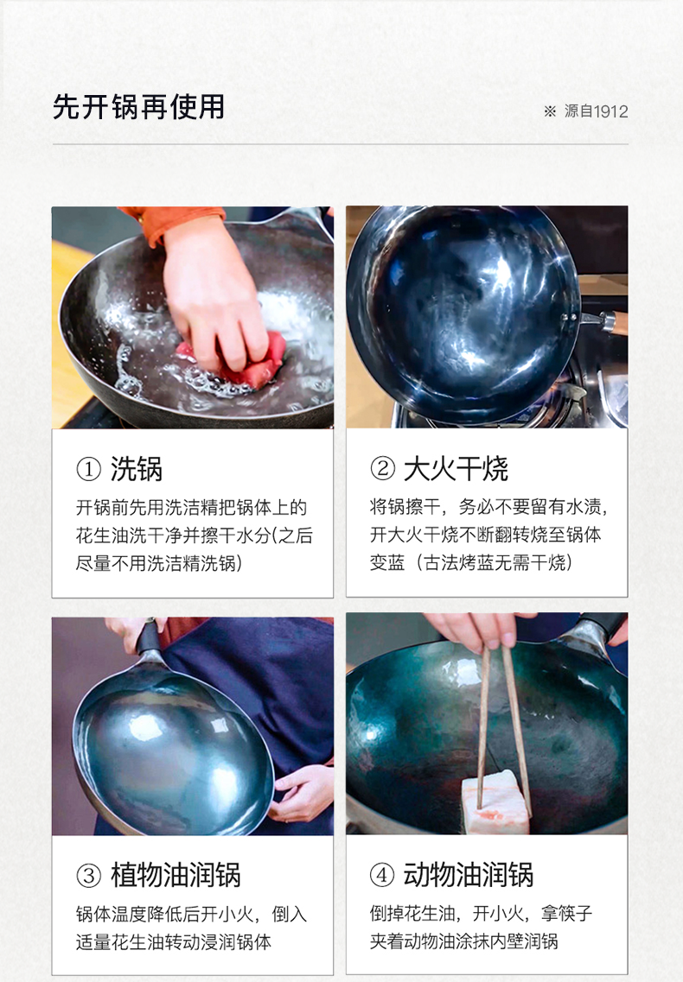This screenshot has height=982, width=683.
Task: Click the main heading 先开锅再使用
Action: pyautogui.click(x=138, y=106)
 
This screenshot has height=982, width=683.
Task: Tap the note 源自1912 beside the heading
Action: pyautogui.click(x=596, y=111)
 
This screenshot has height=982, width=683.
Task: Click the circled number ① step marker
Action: pyautogui.click(x=88, y=469)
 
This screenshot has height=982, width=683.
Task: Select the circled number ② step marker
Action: pyautogui.click(x=382, y=468)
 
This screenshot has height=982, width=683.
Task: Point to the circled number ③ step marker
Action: pyautogui.click(x=88, y=875)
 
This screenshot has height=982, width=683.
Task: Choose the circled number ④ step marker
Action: pyautogui.click(x=382, y=875)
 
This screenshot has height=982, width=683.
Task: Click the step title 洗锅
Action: pyautogui.click(x=136, y=469)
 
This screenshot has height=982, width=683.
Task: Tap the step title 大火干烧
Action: pyautogui.click(x=456, y=468)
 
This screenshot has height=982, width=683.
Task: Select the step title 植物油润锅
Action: pyautogui.click(x=176, y=875)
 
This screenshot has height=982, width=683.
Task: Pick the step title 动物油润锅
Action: pyautogui.click(x=469, y=875)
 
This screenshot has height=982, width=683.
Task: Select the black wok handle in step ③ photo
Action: pyautogui.click(x=148, y=637)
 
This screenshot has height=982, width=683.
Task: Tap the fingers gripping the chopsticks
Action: pyautogui.click(x=470, y=630)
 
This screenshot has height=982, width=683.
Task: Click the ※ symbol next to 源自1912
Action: pyautogui.click(x=550, y=111)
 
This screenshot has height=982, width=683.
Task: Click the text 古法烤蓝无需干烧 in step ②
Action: pyautogui.click(x=495, y=562)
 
